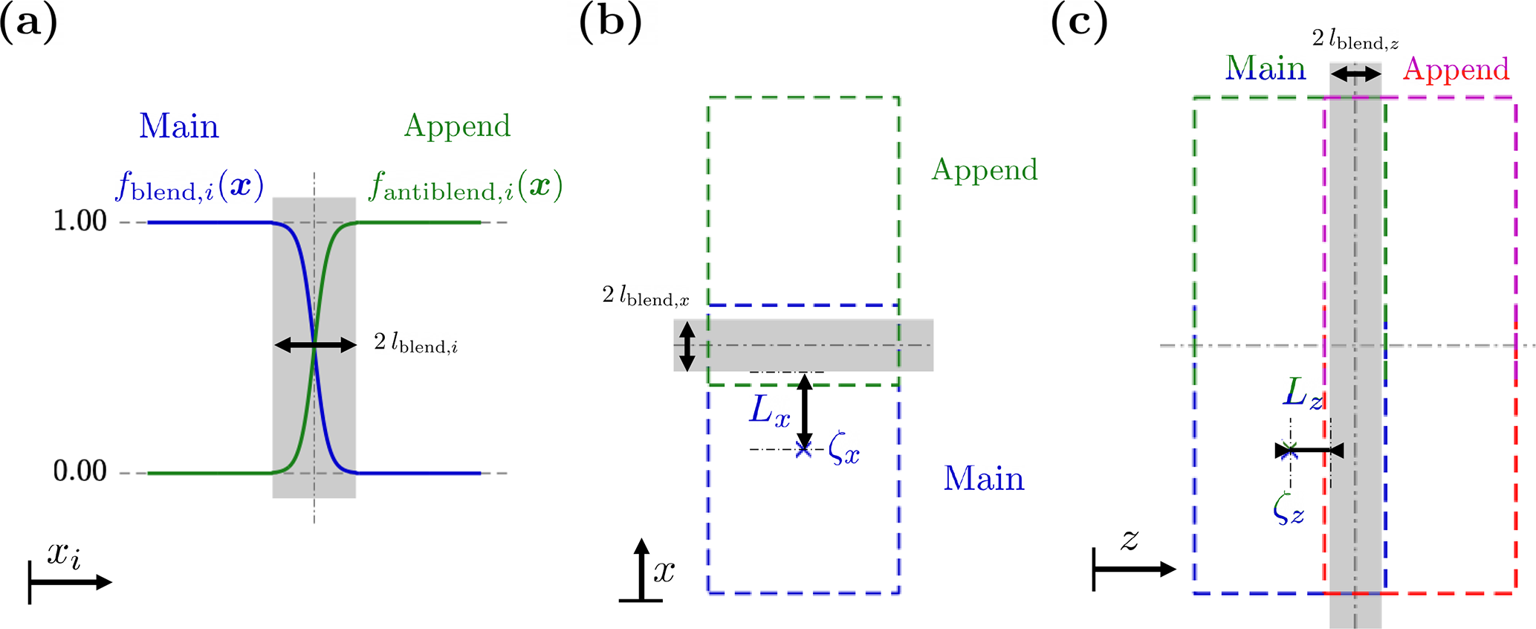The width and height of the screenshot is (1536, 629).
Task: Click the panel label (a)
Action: click(28, 24)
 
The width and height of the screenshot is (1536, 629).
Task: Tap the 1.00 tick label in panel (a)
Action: click(80, 221)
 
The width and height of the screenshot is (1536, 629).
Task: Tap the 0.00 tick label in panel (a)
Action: click(80, 471)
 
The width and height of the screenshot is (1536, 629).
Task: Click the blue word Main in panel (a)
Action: click(179, 126)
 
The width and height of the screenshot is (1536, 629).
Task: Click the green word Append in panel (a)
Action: click(457, 126)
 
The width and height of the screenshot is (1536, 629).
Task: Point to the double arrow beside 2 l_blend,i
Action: click(315, 344)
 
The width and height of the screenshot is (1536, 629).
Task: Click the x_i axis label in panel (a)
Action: click(64, 555)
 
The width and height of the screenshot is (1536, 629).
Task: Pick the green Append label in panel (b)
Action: click(984, 170)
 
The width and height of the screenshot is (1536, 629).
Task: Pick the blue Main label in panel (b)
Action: click(984, 479)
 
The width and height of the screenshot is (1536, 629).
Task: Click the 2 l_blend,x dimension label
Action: click(645, 297)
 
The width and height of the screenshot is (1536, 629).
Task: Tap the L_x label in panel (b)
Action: click(769, 410)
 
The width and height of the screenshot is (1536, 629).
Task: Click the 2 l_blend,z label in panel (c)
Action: click(1355, 39)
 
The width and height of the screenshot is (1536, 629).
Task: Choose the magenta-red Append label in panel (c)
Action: click(1456, 69)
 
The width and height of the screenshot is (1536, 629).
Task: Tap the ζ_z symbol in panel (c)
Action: click(1288, 511)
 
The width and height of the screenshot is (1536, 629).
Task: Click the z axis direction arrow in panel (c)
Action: click(1135, 570)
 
